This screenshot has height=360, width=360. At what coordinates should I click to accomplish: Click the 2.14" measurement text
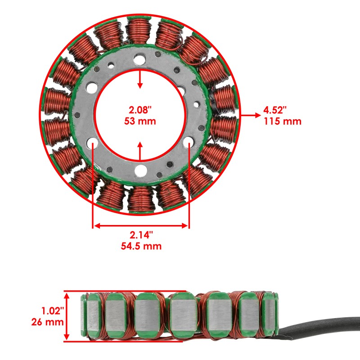[141, 235]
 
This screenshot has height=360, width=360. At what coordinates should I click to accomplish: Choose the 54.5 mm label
[141, 246]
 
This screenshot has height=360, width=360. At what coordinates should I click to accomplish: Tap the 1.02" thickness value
[48, 311]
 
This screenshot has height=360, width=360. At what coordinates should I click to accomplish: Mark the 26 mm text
[47, 322]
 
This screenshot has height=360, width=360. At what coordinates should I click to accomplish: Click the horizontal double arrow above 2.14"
[141, 225]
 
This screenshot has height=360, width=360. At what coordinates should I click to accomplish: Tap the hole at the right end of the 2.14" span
[189, 143]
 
